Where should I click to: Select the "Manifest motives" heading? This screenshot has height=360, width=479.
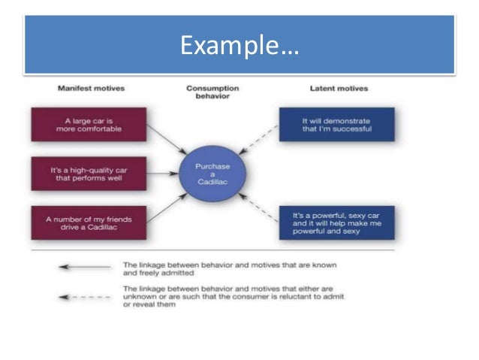point(92,88)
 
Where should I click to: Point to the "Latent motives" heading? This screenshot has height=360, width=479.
point(340,88)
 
